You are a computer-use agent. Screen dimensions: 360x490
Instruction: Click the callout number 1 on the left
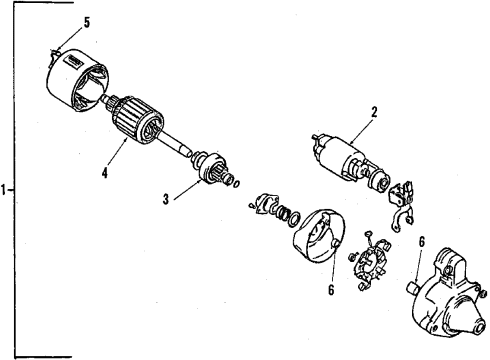[x=6, y=188]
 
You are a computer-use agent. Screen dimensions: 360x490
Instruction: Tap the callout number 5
[x=58, y=21]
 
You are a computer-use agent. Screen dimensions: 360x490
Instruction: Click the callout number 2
[x=374, y=114]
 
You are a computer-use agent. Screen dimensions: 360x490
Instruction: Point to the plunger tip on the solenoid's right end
[x=384, y=183]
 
